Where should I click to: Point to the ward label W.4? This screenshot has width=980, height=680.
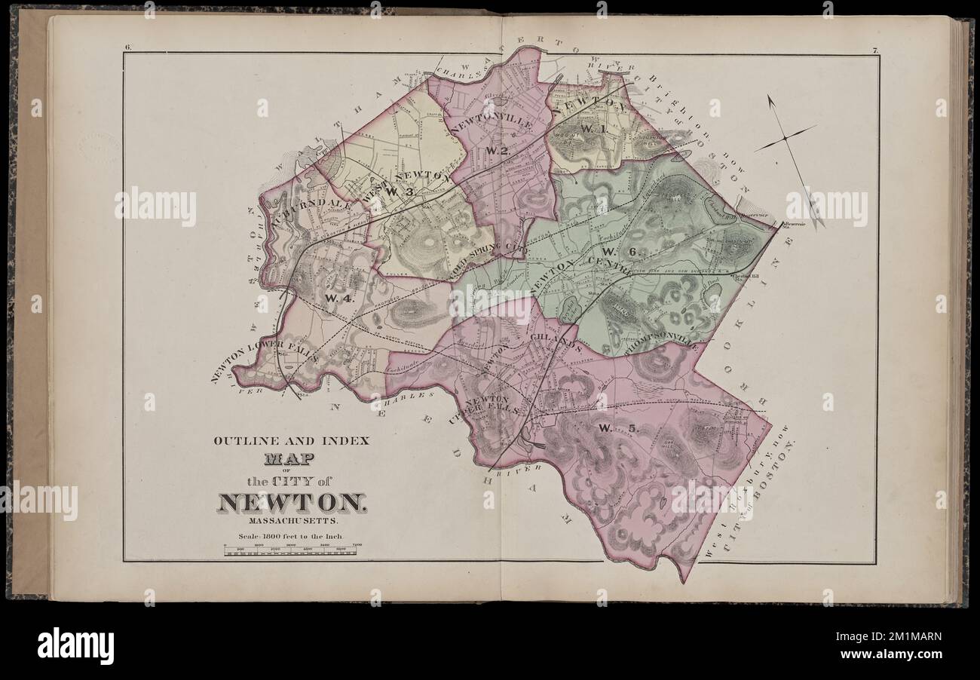338,298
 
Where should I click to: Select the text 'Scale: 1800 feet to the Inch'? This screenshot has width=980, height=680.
291,537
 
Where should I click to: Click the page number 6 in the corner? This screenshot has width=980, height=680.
128,48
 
